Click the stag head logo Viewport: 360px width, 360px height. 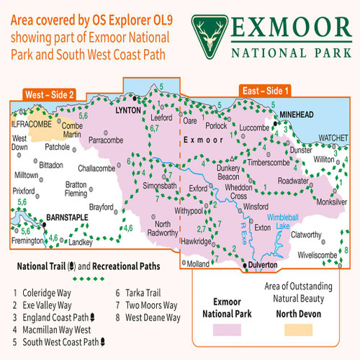click(x=210, y=30)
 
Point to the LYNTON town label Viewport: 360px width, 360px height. click(x=131, y=114)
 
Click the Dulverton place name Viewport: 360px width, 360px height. click(x=264, y=265)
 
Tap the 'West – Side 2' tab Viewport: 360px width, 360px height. click(x=50, y=94)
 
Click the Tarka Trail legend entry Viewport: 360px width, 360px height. click(x=142, y=294)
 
